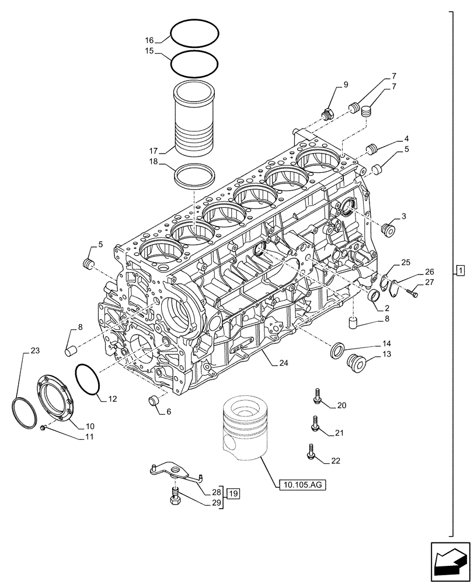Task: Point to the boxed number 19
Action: (233, 493)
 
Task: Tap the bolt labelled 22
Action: (312, 451)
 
